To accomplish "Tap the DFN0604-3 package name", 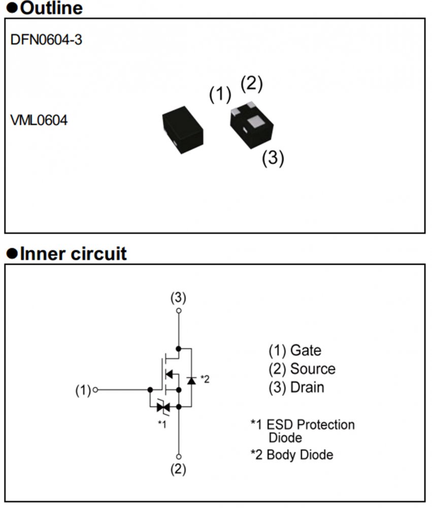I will click(x=46, y=40).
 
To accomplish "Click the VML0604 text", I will click(x=39, y=121).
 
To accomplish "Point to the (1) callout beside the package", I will click(x=220, y=94).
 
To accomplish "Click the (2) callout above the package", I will click(x=251, y=83).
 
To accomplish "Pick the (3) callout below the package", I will click(x=273, y=158).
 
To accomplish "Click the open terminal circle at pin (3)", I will click(x=178, y=310).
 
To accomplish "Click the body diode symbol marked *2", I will click(x=191, y=380).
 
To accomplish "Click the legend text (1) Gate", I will click(x=295, y=350).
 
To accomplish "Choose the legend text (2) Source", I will click(x=302, y=369).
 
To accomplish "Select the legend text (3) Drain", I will click(x=296, y=387).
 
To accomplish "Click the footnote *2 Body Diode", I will click(x=292, y=454).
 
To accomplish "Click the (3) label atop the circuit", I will click(x=178, y=297).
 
